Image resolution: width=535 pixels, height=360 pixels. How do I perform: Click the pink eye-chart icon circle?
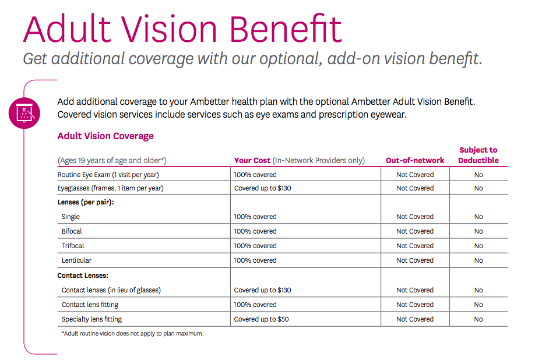point(24,112)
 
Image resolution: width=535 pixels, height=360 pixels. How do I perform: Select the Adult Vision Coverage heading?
point(105,136)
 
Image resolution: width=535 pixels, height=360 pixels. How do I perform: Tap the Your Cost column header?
point(252,160)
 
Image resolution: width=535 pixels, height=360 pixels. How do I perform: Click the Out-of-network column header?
point(415,160)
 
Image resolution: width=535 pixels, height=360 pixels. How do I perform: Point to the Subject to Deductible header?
point(478,155)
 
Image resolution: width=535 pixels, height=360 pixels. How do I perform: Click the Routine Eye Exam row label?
point(108,174)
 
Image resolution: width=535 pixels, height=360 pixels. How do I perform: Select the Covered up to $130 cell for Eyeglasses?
point(262,188)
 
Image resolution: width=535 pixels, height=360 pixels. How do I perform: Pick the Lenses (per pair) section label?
point(85,202)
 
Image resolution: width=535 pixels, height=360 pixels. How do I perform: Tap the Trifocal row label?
point(73,246)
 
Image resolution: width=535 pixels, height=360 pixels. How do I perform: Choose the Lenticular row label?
point(76,260)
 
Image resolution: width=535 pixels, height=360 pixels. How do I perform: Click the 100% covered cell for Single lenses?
point(255,217)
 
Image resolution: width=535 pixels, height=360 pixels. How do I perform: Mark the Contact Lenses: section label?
point(83,276)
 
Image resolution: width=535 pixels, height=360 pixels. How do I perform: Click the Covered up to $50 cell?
point(261,319)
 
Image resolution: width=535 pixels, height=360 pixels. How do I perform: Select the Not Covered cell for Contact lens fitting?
point(415,305)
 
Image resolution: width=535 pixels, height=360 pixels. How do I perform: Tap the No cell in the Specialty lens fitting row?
point(478,319)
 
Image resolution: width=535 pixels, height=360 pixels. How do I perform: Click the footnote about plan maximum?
point(132,334)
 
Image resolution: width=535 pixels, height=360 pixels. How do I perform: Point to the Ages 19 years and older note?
point(112,161)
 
